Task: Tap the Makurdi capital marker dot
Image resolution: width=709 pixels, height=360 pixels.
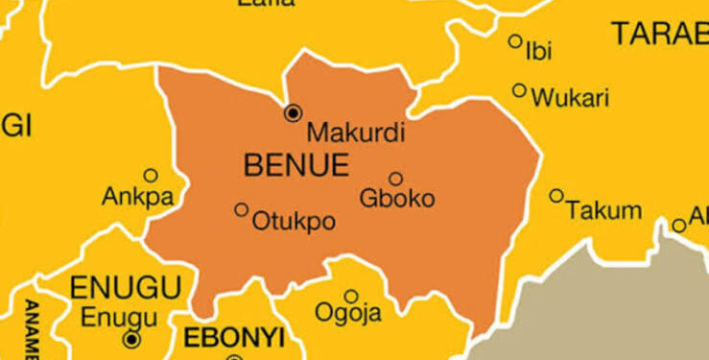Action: (x=293, y=113)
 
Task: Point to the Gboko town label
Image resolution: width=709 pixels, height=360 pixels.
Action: (x=396, y=200)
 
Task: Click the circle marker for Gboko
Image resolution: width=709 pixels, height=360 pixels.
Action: (x=395, y=179)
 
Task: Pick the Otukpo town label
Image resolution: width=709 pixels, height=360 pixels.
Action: (x=294, y=223)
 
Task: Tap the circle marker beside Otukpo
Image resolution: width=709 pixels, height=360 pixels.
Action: (x=241, y=209)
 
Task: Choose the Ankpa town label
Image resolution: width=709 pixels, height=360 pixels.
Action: (x=137, y=199)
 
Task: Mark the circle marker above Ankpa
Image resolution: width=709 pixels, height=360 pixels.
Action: (x=151, y=176)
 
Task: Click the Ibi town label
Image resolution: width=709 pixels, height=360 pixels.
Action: (x=539, y=52)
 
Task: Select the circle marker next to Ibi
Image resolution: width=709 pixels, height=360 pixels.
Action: (x=515, y=41)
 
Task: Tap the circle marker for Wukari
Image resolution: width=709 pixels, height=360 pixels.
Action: (x=519, y=90)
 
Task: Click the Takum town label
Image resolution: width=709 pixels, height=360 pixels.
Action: (x=603, y=210)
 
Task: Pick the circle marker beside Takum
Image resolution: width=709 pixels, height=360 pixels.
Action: (x=556, y=196)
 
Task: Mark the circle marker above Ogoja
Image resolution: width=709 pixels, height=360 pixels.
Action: (x=351, y=296)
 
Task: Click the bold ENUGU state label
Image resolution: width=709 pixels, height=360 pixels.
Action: (x=125, y=286)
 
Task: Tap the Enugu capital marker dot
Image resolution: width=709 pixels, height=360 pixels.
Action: (x=131, y=339)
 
